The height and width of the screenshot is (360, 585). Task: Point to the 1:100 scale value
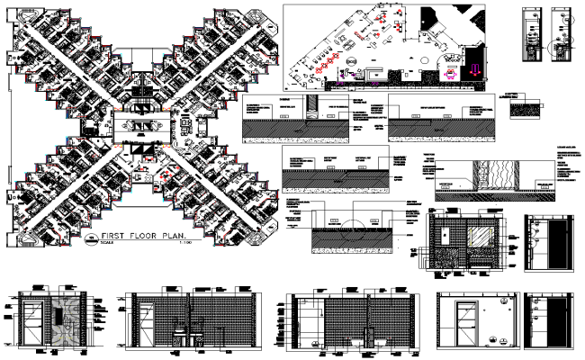[x=187, y=247]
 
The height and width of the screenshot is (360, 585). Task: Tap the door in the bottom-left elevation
[x=32, y=322]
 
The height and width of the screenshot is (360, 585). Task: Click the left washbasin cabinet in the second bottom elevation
[x=177, y=332]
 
